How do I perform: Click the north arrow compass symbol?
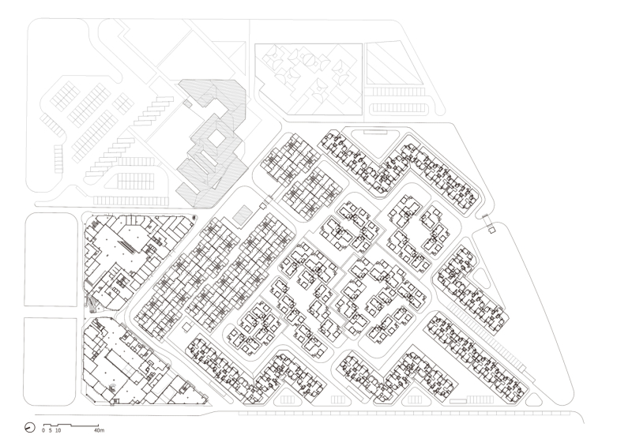pos(30,428)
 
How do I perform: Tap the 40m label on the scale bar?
pos(99,430)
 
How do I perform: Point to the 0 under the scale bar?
pos(43,430)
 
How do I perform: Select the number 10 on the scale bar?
pos(58,430)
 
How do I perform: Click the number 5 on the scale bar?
pos(50,430)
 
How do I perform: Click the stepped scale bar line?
pos(71,425)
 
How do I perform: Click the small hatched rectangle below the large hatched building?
pos(242,215)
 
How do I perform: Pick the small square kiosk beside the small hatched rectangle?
pos(262,206)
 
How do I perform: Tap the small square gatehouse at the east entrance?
pos(491,230)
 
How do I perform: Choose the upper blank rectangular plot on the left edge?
pos(51,260)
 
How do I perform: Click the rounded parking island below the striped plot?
pos(398,108)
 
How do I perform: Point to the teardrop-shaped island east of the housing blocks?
pos(481,279)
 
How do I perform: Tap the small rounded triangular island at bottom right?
pos(534,399)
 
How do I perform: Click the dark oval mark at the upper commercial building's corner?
pos(195,218)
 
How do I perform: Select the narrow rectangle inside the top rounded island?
pos(375,131)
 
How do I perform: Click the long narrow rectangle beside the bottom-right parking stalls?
pos(458,401)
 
